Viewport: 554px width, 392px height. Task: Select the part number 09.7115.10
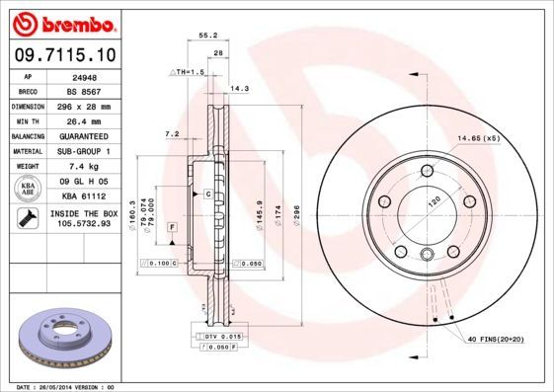[x=62, y=53]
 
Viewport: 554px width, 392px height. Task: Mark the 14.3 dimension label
[x=238, y=89]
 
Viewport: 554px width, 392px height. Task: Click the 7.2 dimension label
[x=171, y=134]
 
